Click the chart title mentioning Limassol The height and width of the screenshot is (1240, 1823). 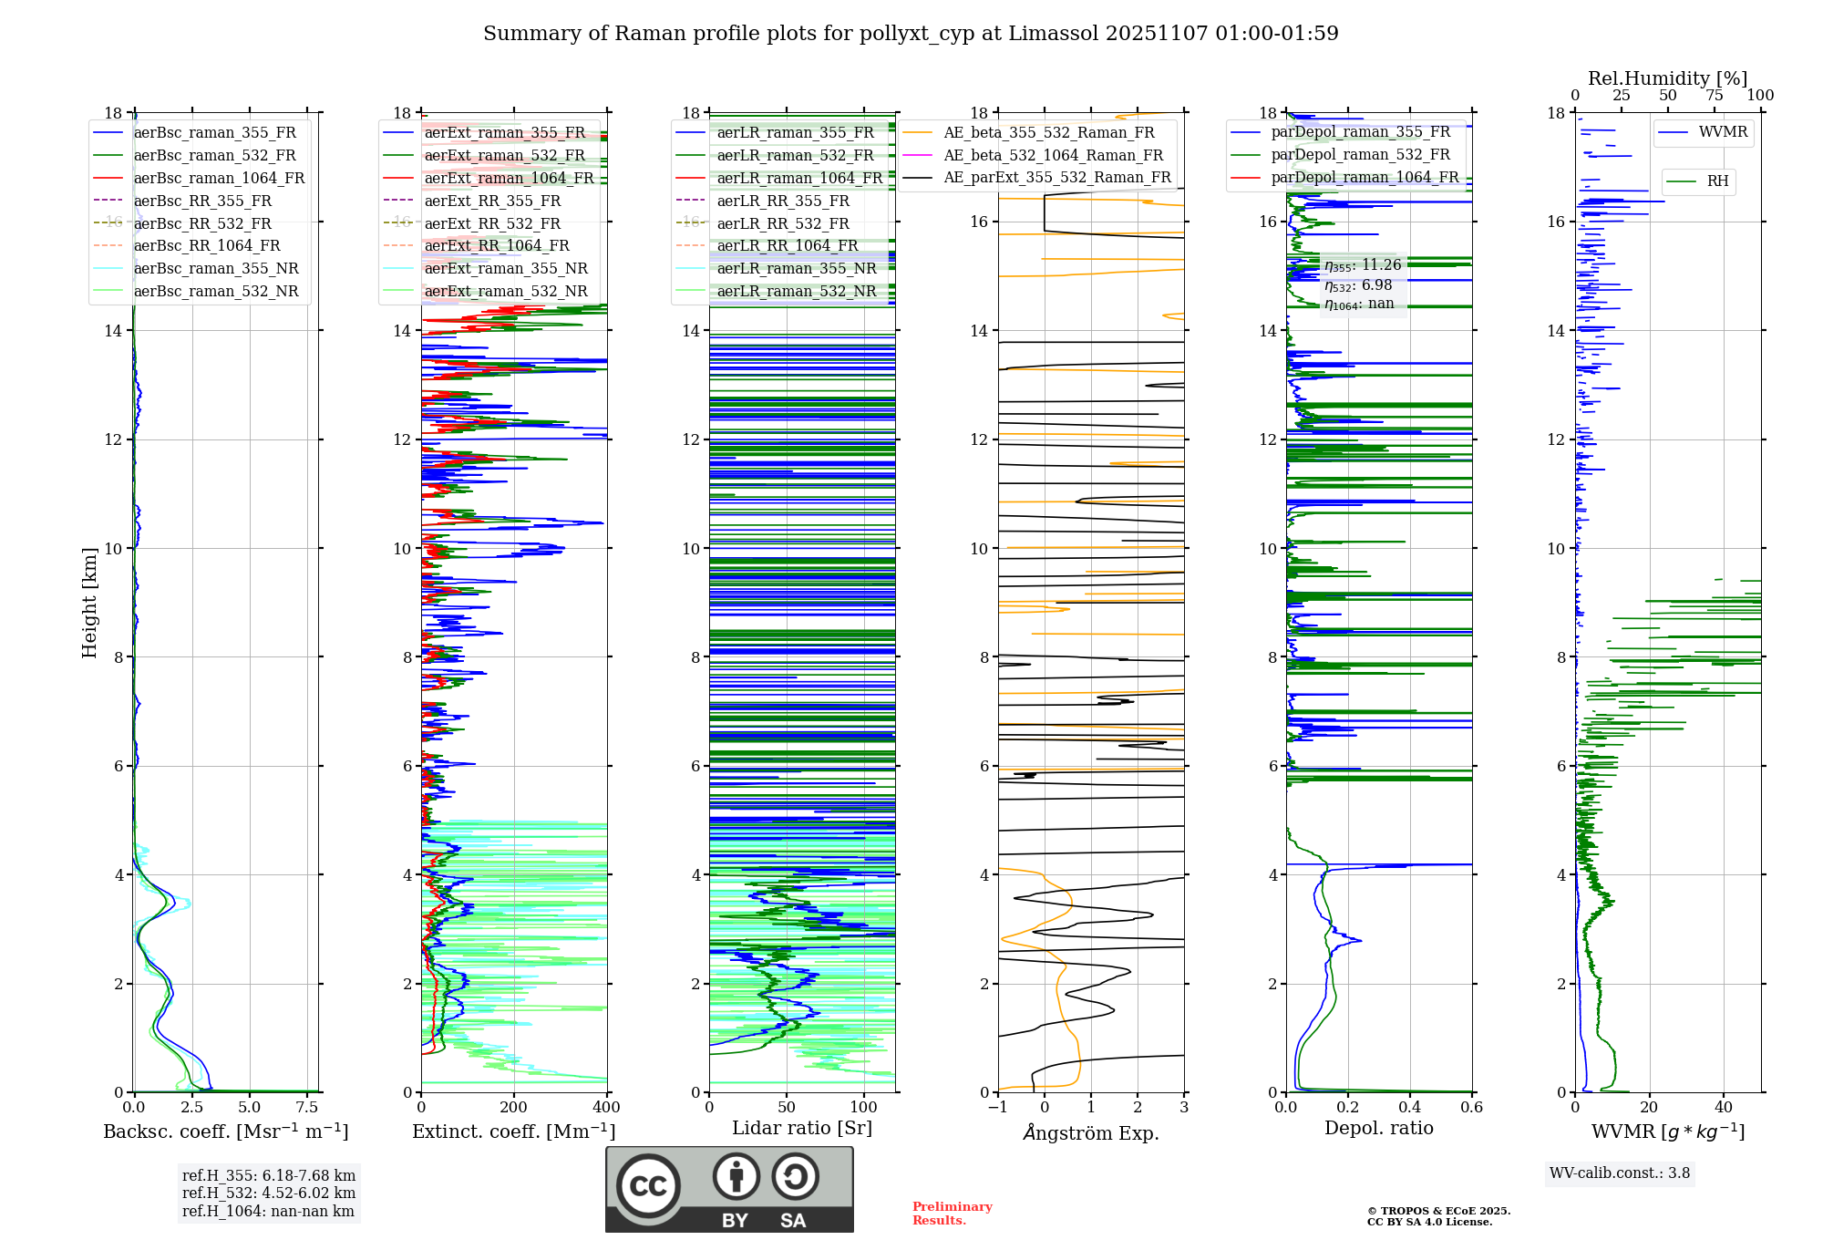pyautogui.click(x=911, y=34)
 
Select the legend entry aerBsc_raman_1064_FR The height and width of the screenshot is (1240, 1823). pyautogui.click(x=219, y=178)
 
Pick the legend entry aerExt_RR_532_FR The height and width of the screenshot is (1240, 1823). pyautogui.click(x=492, y=223)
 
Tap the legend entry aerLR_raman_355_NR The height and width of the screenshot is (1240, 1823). pyautogui.click(x=797, y=268)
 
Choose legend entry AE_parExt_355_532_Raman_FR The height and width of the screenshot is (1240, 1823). pyautogui.click(x=1056, y=177)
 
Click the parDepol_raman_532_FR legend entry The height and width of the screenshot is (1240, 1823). pyautogui.click(x=1360, y=155)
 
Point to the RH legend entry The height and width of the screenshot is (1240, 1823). pyautogui.click(x=1717, y=181)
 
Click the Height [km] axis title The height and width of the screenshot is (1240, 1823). pyautogui.click(x=89, y=603)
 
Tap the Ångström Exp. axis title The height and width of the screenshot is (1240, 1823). pyautogui.click(x=1091, y=1132)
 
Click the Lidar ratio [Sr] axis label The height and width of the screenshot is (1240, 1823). pyautogui.click(x=802, y=1128)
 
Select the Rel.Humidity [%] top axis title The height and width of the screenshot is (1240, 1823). pyautogui.click(x=1667, y=78)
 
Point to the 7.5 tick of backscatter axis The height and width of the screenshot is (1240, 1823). pyautogui.click(x=307, y=1108)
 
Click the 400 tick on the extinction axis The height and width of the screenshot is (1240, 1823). pyautogui.click(x=606, y=1108)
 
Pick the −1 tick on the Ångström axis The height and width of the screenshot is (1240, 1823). pyautogui.click(x=998, y=1108)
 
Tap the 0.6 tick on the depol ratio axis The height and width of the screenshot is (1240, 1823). pyautogui.click(x=1471, y=1108)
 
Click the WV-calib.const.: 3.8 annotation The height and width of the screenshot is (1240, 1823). pyautogui.click(x=1620, y=1173)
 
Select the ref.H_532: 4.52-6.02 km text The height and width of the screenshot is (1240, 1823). pyautogui.click(x=269, y=1193)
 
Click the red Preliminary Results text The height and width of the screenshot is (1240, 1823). pyautogui.click(x=952, y=1214)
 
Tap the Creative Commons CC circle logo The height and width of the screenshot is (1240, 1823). pyautogui.click(x=648, y=1186)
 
